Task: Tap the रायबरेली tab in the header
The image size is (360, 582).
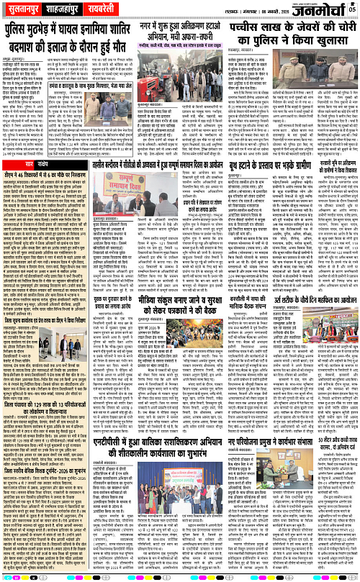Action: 122,8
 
